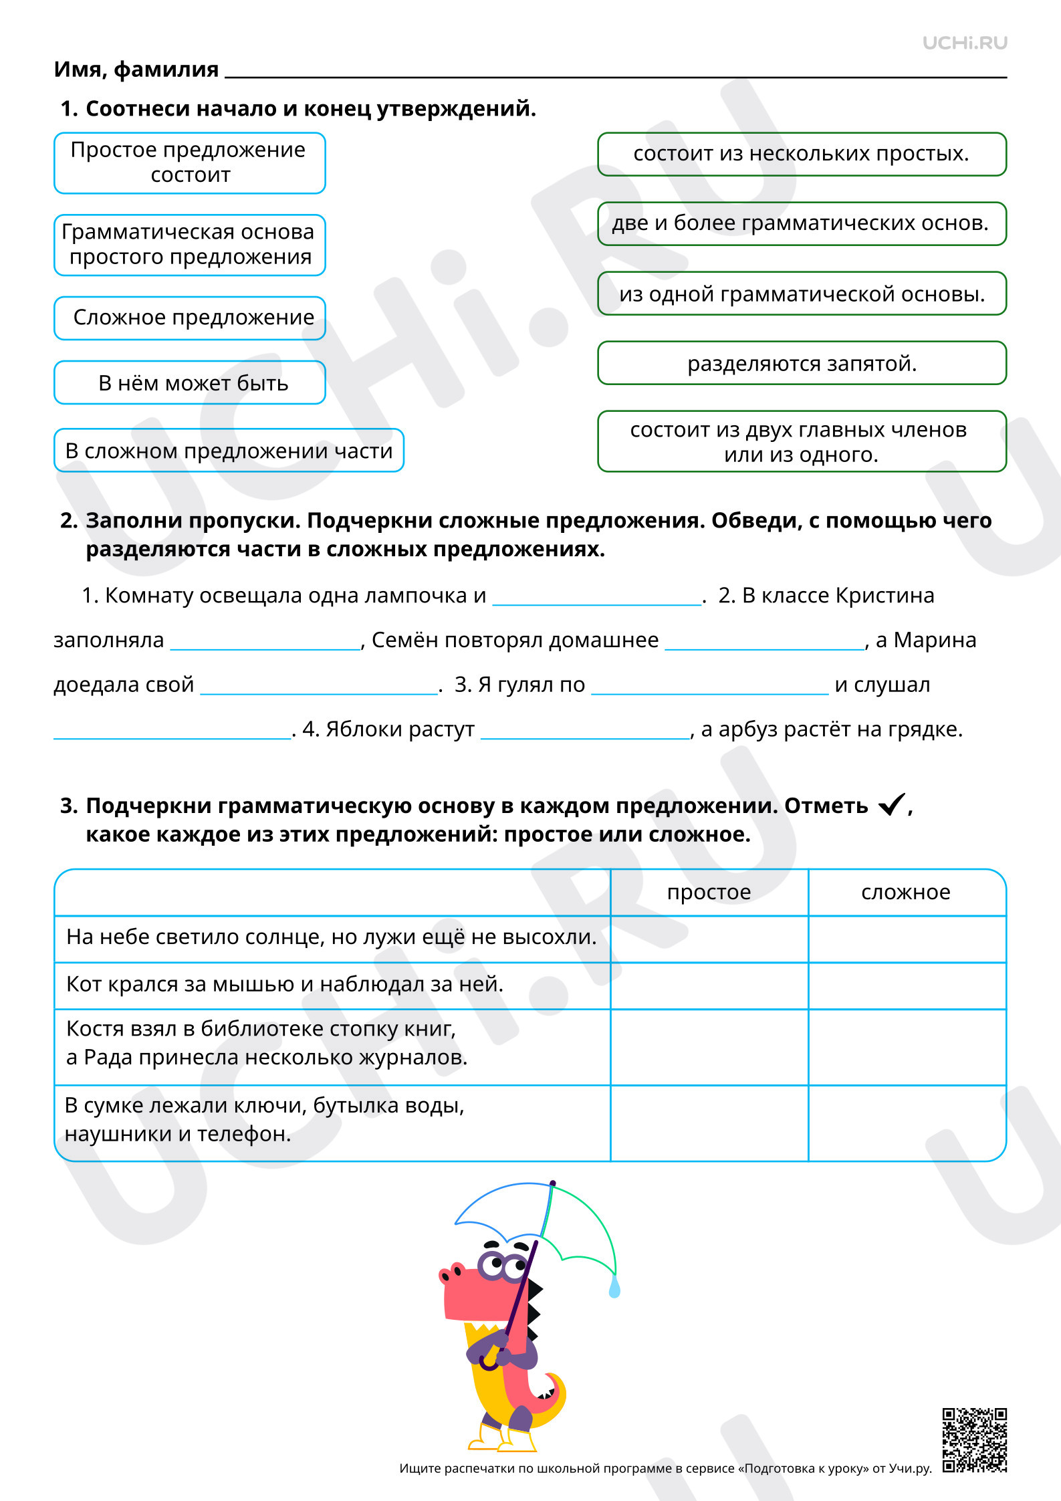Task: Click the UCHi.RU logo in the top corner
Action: (964, 43)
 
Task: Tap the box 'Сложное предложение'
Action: (190, 318)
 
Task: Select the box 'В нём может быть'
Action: (190, 382)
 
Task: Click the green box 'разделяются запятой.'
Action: (802, 363)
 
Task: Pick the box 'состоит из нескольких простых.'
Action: (802, 154)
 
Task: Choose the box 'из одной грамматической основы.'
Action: (802, 294)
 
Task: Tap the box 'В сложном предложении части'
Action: (229, 450)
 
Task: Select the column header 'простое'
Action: (709, 892)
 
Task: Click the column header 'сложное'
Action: (906, 892)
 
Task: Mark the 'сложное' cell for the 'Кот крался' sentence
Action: (907, 986)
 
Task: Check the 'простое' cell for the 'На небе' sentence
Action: (709, 939)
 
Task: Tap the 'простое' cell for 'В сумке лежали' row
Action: (709, 1123)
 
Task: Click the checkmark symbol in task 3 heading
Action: (891, 804)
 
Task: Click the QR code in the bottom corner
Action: (974, 1440)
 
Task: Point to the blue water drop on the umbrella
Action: (614, 1287)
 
